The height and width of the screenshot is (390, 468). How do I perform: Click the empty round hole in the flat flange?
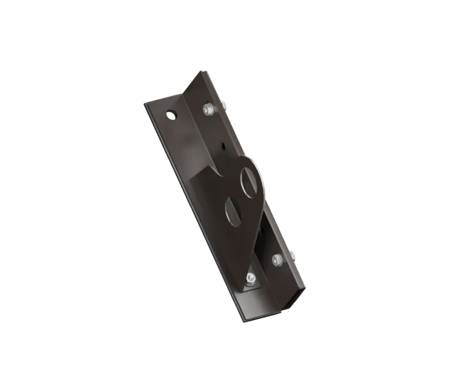coord(170,115)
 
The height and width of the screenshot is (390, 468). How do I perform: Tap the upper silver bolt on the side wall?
coord(208,110)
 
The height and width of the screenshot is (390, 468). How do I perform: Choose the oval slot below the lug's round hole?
coord(232,208)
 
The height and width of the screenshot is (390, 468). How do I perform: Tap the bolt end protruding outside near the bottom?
coord(295,255)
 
